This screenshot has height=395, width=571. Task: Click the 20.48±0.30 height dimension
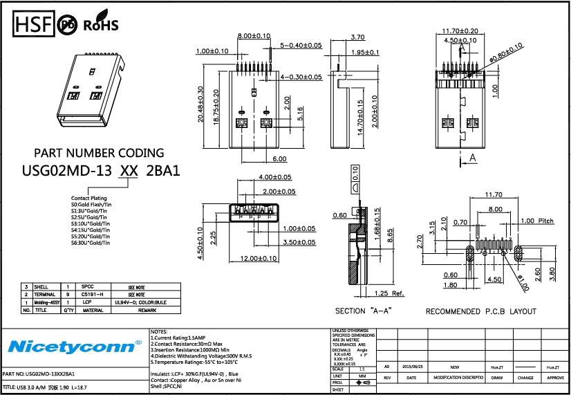point(200,105)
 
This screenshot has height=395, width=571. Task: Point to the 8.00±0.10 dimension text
point(254,36)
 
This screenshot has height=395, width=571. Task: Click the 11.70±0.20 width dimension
point(460,31)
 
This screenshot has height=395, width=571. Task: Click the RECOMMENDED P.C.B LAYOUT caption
point(482,311)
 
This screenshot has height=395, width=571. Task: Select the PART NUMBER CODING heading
point(99,153)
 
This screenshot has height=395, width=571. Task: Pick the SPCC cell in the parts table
point(87,286)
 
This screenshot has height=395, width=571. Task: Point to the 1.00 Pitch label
point(537,221)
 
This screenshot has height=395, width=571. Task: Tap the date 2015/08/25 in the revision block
point(412,367)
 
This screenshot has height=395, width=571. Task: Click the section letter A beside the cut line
point(473,158)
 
